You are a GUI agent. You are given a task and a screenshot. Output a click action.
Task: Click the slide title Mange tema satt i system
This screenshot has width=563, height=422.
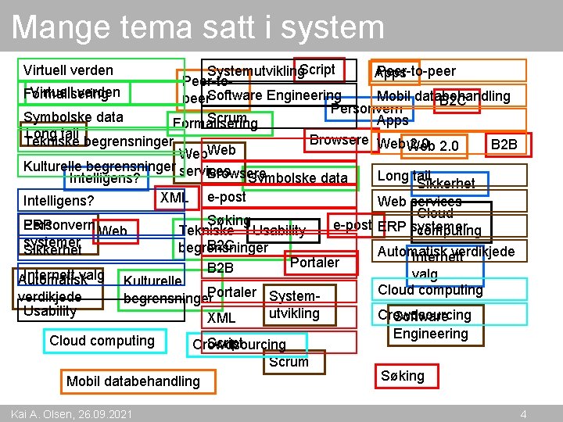(198, 27)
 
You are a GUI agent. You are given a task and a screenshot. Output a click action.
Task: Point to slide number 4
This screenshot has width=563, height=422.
(523, 413)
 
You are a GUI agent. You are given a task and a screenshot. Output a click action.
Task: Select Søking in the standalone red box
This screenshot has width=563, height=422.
(403, 376)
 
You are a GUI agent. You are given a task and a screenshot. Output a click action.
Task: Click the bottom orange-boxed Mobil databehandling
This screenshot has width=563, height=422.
(133, 381)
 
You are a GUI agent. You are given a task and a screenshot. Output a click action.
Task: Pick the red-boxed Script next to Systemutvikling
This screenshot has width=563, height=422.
(317, 70)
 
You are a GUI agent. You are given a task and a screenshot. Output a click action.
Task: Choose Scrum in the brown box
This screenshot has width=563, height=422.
(289, 362)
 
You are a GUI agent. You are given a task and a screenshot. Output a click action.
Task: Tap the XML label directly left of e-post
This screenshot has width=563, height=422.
(174, 198)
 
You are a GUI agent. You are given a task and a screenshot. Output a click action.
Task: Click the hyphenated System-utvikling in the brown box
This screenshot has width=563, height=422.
(293, 306)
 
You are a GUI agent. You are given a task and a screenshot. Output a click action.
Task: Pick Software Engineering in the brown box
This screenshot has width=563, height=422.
(430, 325)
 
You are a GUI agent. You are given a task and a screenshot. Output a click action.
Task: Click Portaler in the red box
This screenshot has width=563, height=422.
(314, 263)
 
